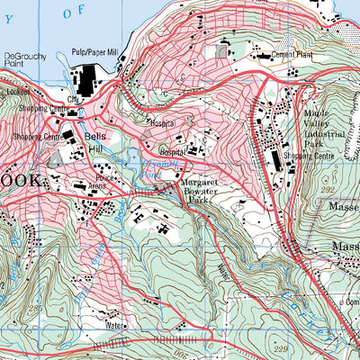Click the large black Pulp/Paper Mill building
point(90,80)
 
